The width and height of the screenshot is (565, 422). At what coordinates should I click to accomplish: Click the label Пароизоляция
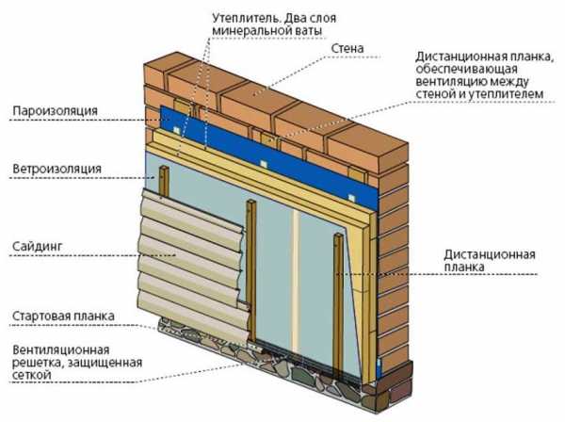(56, 110)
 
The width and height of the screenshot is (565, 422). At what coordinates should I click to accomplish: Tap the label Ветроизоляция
(56, 169)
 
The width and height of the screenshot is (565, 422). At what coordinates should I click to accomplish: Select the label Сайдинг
(38, 247)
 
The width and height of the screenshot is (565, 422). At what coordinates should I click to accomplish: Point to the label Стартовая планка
(63, 316)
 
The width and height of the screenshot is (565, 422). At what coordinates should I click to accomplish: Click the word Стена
(347, 48)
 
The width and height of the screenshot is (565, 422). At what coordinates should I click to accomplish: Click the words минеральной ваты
(266, 31)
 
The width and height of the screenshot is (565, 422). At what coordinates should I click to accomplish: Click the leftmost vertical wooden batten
(164, 180)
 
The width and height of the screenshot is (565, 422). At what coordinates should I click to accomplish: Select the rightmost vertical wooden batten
(338, 306)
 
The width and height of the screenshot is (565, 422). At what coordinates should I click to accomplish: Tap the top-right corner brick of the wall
(367, 144)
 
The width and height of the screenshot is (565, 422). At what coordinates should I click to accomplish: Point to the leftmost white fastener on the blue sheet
(176, 130)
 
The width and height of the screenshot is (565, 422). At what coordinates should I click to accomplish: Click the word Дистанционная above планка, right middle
(490, 254)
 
